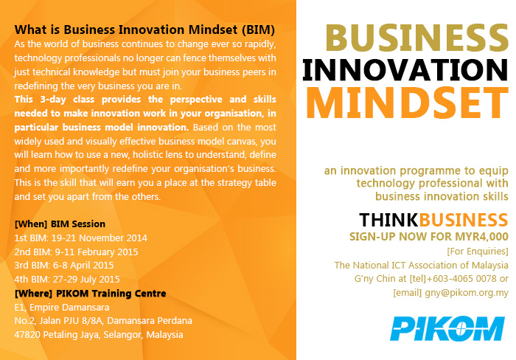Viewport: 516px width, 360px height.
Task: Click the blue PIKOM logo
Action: [447, 328]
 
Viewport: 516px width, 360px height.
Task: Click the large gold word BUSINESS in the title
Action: [417, 38]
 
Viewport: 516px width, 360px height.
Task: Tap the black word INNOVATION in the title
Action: [405, 70]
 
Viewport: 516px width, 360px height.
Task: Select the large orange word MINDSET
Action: [408, 103]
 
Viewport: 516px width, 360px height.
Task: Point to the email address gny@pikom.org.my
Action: [467, 293]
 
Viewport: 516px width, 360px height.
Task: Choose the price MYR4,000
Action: [482, 237]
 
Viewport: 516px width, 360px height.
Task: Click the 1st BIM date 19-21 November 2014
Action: [99, 238]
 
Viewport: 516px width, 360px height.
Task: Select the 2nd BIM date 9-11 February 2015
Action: [97, 252]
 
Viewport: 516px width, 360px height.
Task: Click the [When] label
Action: [31, 224]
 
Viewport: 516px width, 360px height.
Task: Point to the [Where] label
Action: [33, 294]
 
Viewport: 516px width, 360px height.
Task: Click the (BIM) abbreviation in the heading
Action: [258, 30]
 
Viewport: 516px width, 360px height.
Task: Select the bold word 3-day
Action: [53, 100]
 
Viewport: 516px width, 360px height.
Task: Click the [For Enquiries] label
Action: [478, 252]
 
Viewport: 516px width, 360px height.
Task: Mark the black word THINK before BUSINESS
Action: [388, 220]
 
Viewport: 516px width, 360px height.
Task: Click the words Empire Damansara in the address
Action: [69, 308]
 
